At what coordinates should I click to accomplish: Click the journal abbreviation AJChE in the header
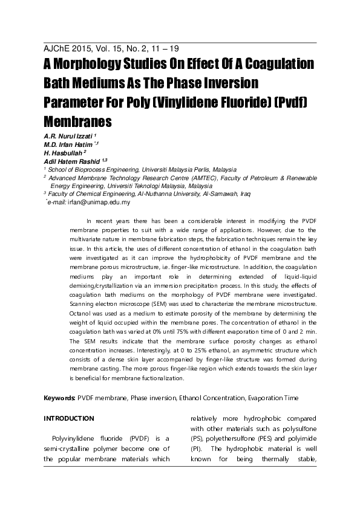pos(59,48)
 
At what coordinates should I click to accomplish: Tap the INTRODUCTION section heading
pos(69,418)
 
